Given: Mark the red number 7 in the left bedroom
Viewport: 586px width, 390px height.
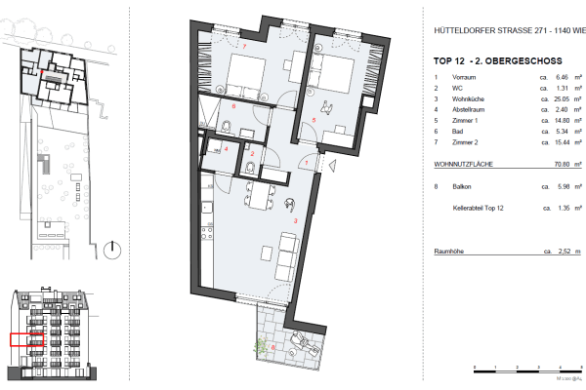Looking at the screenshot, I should (245, 47).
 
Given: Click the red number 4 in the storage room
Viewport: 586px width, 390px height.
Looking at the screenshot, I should (226, 149).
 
